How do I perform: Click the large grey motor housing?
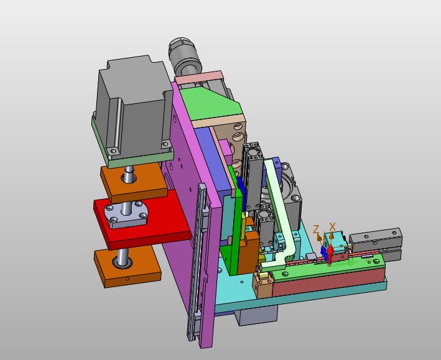tap(132, 107)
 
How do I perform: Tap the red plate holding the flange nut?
tap(141, 219)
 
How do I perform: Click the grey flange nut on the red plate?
tap(126, 215)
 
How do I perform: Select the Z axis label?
tap(316, 229)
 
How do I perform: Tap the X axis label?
tap(332, 226)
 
